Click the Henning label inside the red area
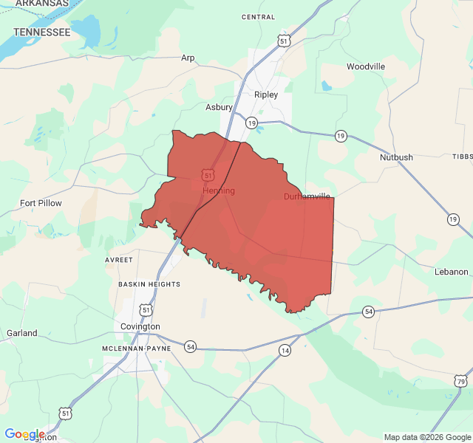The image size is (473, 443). point(219,190)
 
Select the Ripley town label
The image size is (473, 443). point(266,95)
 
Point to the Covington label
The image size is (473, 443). point(140,326)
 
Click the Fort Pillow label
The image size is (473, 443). point(41,203)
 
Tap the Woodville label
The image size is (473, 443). point(366,66)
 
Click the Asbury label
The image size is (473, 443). point(219,107)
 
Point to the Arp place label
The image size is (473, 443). point(188,58)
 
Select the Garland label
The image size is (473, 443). point(22,333)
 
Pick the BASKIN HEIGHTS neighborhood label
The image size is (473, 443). point(149,284)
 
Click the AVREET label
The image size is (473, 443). point(119,260)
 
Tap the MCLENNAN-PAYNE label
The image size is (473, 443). point(137,348)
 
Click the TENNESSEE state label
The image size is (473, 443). point(42,32)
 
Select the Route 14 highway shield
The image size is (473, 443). point(285,351)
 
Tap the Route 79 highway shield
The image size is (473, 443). point(461,381)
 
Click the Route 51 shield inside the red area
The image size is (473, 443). point(208,174)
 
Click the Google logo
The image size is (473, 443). point(24,434)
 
